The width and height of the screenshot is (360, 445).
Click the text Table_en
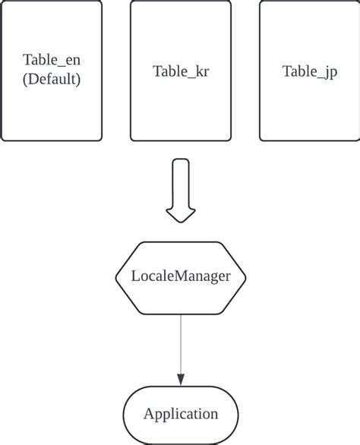click(52, 62)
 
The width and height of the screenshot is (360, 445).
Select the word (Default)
click(52, 79)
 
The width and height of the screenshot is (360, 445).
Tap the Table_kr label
click(181, 71)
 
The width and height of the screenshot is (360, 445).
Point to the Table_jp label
click(310, 71)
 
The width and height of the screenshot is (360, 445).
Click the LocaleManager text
click(181, 276)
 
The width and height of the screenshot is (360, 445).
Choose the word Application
click(181, 414)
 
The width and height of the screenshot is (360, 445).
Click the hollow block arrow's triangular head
click(181, 215)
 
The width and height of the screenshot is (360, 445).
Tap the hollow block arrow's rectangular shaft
click(181, 182)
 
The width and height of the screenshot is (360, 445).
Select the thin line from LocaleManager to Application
click(181, 342)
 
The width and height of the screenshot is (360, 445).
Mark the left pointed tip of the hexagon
click(116, 277)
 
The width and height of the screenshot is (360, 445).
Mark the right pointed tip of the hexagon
click(246, 277)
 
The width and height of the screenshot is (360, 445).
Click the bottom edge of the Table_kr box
click(181, 140)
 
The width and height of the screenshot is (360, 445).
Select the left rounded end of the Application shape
click(125, 414)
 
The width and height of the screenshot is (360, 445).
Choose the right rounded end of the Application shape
click(237, 414)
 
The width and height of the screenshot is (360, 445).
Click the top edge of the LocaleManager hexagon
click(181, 242)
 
